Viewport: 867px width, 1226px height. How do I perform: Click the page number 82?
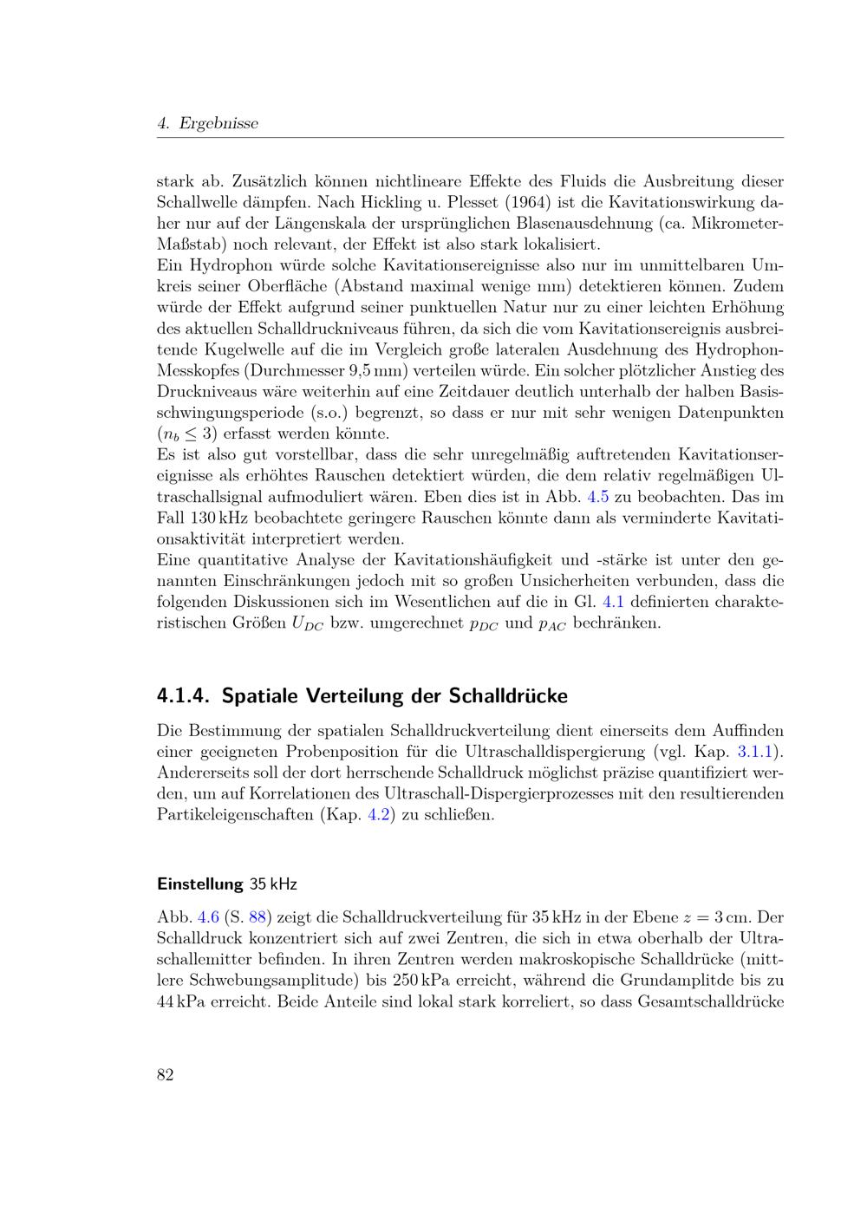pyautogui.click(x=166, y=1075)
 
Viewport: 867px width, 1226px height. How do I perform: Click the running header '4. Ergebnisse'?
pyautogui.click(x=208, y=124)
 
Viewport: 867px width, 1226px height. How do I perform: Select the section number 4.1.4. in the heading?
pyautogui.click(x=185, y=696)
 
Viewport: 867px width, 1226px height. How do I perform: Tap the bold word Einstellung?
pyautogui.click(x=199, y=884)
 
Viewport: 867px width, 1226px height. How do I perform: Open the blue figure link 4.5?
pyautogui.click(x=597, y=497)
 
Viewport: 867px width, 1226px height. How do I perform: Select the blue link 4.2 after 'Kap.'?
pyautogui.click(x=379, y=815)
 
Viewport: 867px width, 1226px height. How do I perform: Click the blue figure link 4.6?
pyautogui.click(x=209, y=917)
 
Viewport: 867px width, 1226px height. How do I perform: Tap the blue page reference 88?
pyautogui.click(x=257, y=917)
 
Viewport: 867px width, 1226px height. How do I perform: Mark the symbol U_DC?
pyautogui.click(x=308, y=623)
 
